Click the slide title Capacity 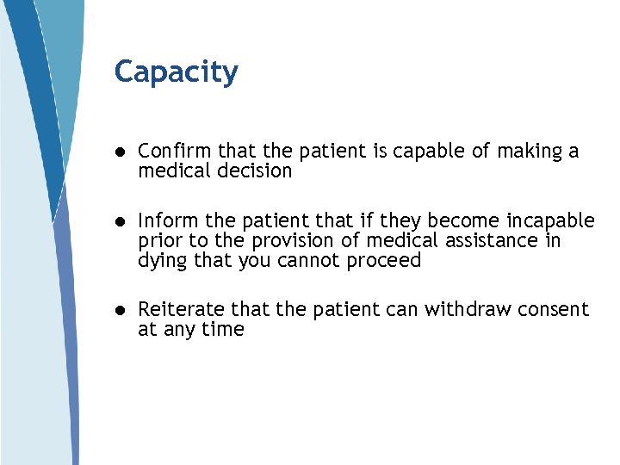(176, 72)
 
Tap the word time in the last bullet (224, 330)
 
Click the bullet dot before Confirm (121, 152)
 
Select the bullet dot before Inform (121, 221)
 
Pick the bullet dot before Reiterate (121, 310)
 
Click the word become (466, 220)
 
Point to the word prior (158, 240)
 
